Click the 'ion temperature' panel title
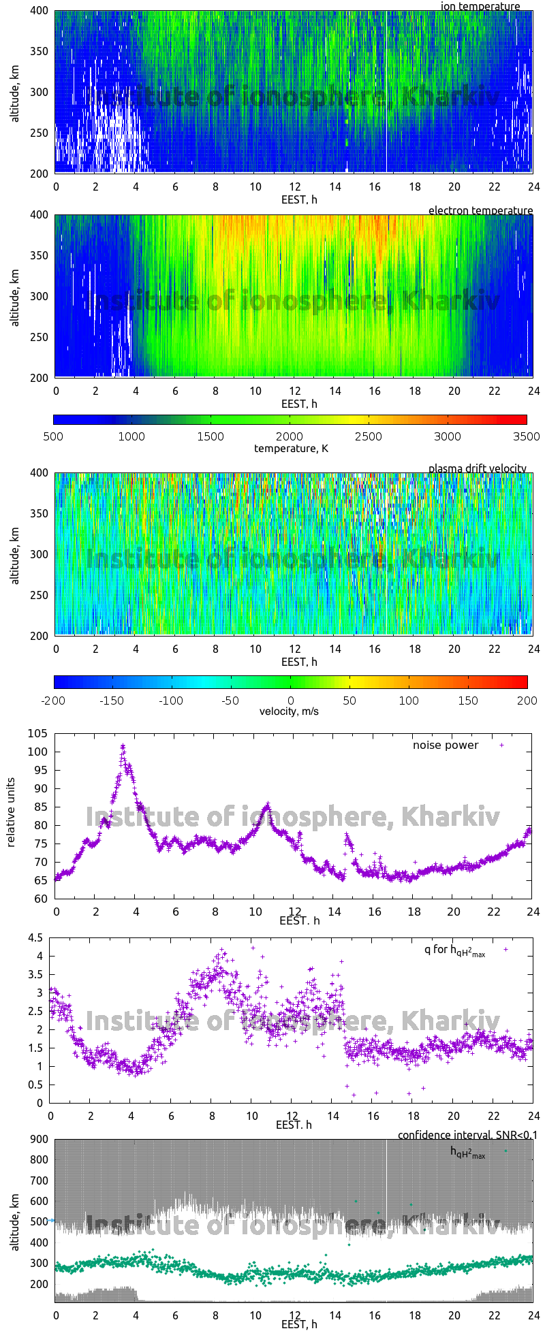pyautogui.click(x=480, y=6)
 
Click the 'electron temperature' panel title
pyautogui.click(x=480, y=210)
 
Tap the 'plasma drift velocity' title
pyautogui.click(x=477, y=468)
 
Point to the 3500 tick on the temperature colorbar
pyautogui.click(x=526, y=436)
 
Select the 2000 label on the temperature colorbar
pyautogui.click(x=290, y=436)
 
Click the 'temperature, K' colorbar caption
pyautogui.click(x=291, y=448)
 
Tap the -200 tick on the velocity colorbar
pyautogui.click(x=54, y=700)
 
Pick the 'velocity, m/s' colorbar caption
pyautogui.click(x=289, y=711)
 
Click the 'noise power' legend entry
pyautogui.click(x=446, y=745)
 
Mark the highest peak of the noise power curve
pyautogui.click(x=123, y=746)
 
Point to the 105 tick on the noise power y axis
pyautogui.click(x=37, y=733)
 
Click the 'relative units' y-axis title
pyautogui.click(x=11, y=815)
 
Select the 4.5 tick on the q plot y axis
pyautogui.click(x=35, y=937)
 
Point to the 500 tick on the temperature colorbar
pyautogui.click(x=54, y=436)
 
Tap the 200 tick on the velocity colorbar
pyautogui.click(x=527, y=700)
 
